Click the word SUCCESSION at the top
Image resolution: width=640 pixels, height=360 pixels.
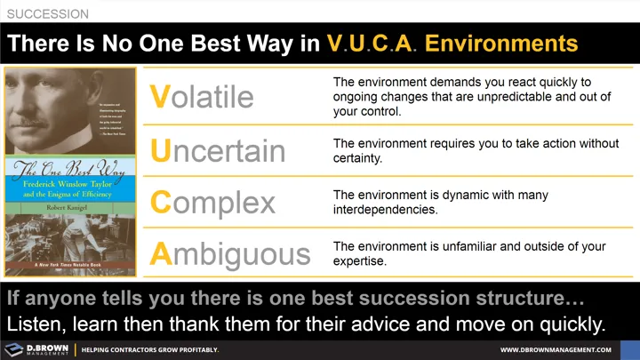(47, 14)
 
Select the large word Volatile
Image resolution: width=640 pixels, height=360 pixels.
(202, 96)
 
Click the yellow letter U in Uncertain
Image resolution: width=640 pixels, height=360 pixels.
(160, 150)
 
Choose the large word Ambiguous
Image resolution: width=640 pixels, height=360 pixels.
(230, 254)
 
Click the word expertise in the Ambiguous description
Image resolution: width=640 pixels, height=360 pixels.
(361, 261)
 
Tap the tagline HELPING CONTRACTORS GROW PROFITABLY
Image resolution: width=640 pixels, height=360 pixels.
(149, 350)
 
